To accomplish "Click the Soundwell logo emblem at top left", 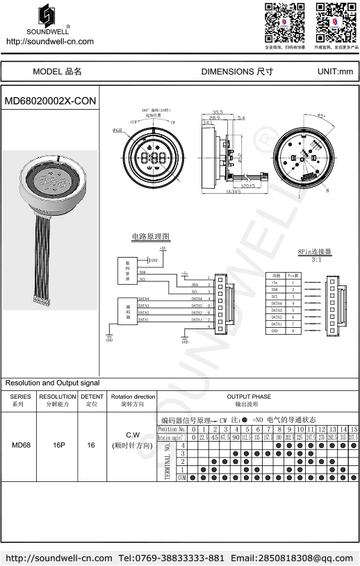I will pos(48,17).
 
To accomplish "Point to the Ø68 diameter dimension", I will pos(117,131).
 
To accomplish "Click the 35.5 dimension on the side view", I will pos(218,112).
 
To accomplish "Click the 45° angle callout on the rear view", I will pos(321,116).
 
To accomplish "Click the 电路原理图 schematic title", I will pos(151,237).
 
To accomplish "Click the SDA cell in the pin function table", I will pos(276,290).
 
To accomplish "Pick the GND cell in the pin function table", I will pos(276,331).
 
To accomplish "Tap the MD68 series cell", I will pos(21,446).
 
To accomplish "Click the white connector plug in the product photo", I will pos(40,301).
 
